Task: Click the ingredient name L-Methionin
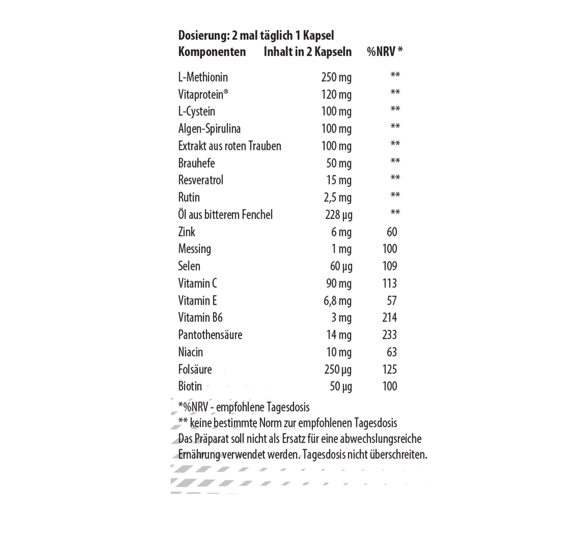point(203,77)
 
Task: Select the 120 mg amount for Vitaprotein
point(336,94)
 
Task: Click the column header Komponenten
point(212,52)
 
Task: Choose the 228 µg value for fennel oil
point(338,215)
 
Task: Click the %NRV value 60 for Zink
point(391,231)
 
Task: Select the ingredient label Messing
point(194,249)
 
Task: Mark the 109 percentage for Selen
point(390,266)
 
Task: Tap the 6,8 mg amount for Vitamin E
point(337,301)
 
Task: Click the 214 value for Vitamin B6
point(390,318)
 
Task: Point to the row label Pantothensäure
point(210,335)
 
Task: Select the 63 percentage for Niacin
point(391,352)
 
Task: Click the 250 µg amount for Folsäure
point(338,370)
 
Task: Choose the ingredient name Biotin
point(190,386)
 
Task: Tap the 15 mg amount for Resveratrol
point(339,181)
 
